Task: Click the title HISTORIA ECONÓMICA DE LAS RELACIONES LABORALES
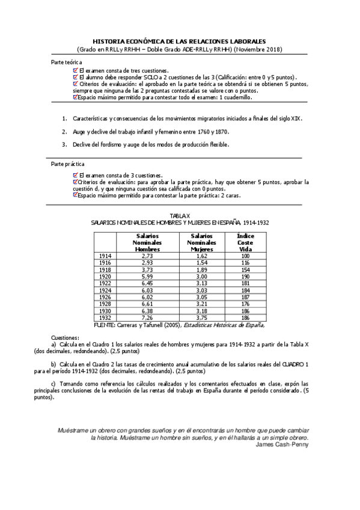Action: pyautogui.click(x=180, y=41)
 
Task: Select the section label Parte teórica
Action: pyautogui.click(x=67, y=63)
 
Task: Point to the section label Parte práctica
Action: pyautogui.click(x=68, y=164)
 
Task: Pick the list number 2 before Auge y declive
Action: pyautogui.click(x=64, y=131)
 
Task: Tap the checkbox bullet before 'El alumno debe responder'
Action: pyautogui.click(x=75, y=78)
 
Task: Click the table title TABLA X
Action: pyautogui.click(x=180, y=215)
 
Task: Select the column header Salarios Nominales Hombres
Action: pyautogui.click(x=147, y=242)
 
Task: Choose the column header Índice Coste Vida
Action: pyautogui.click(x=245, y=242)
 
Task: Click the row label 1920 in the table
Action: pyautogui.click(x=105, y=276)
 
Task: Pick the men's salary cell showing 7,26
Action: pyautogui.click(x=147, y=317)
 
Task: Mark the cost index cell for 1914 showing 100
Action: pyautogui.click(x=245, y=256)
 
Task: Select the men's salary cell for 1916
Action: pyautogui.click(x=147, y=263)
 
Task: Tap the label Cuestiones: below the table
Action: pyautogui.click(x=66, y=338)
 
